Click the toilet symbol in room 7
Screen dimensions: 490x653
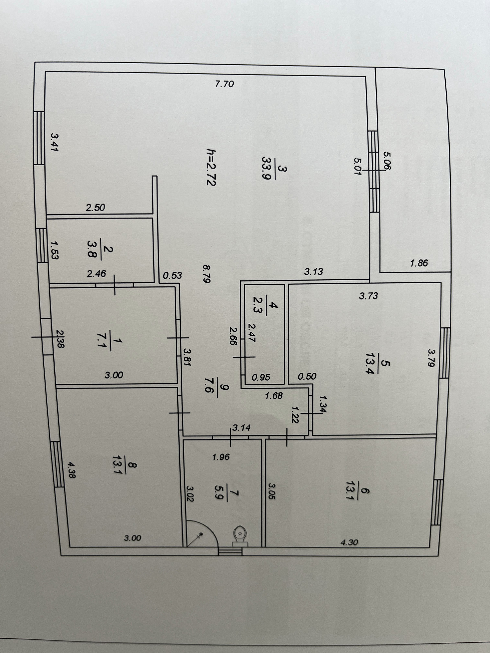point(240,535)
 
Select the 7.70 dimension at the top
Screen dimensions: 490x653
point(225,84)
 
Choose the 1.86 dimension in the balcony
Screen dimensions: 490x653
point(419,263)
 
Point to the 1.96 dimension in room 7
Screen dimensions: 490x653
point(221,457)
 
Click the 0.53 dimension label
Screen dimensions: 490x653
point(173,276)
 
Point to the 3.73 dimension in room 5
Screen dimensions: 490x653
point(368,296)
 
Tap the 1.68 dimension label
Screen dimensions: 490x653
point(274,396)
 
